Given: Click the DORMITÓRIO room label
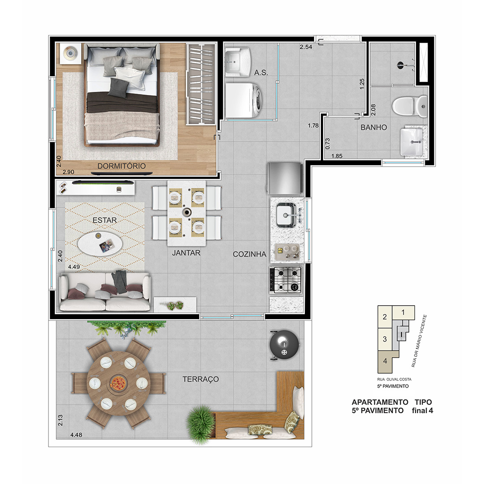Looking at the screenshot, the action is (121, 166).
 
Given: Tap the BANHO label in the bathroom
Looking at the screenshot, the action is (373, 127).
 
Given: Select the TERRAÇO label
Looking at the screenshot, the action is (201, 379).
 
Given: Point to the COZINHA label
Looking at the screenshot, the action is (250, 254).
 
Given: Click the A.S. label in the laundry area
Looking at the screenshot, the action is (261, 73).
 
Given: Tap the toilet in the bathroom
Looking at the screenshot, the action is (410, 106).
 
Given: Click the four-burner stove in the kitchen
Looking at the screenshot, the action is (285, 280).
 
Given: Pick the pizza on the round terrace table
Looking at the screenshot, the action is (118, 383).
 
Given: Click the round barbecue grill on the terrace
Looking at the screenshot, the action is (284, 345).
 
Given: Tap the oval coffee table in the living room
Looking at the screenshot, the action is (100, 244).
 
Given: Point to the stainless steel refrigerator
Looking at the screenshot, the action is (285, 178).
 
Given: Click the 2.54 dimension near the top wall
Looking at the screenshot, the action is (306, 47).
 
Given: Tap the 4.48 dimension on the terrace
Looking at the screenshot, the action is (76, 435).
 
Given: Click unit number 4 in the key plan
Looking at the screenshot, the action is (385, 360).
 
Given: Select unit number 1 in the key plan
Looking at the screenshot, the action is (403, 312).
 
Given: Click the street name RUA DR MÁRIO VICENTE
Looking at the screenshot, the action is (419, 341).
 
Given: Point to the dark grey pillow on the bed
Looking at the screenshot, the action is (118, 87).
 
